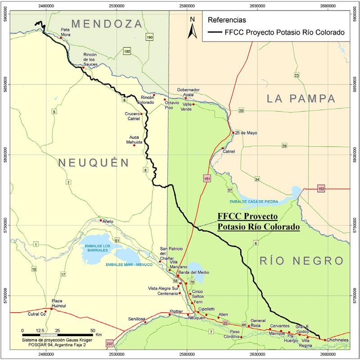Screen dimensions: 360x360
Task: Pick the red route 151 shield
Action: pos(207,179)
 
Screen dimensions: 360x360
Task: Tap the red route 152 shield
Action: pos(321,188)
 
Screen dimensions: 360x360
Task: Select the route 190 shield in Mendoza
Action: pos(150,37)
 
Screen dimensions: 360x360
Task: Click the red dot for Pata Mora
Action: pos(61,38)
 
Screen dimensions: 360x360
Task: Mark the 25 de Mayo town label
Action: pos(246,133)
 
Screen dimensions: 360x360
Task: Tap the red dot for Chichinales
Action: pos(325,340)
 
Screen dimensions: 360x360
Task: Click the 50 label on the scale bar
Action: pos(92,330)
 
